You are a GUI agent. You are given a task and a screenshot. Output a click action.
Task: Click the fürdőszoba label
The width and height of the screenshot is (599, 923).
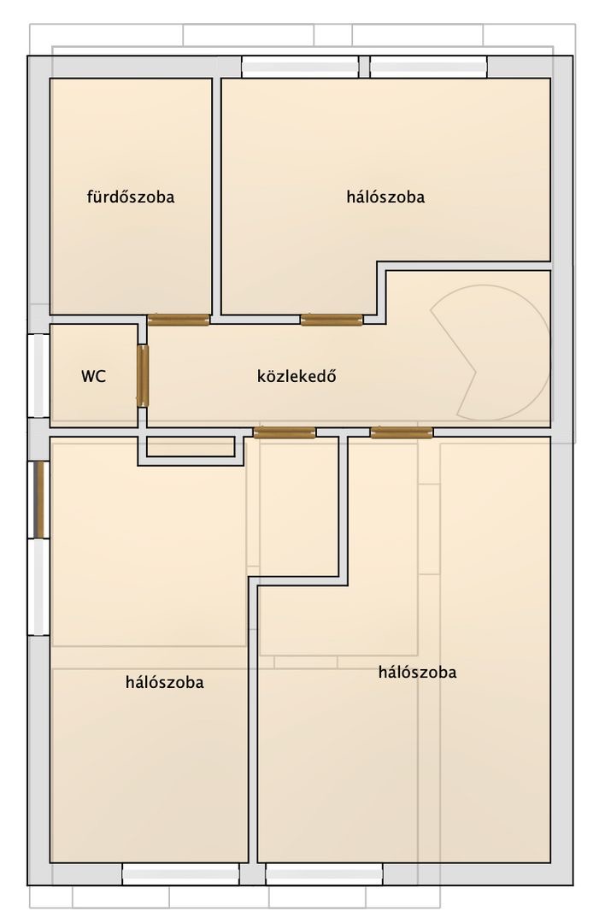(x=131, y=196)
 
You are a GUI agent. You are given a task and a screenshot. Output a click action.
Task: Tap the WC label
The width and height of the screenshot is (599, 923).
(x=93, y=376)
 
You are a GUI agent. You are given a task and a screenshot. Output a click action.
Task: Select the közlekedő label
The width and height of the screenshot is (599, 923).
(x=297, y=376)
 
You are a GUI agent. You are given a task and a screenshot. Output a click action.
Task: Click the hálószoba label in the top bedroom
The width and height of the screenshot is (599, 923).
(x=385, y=197)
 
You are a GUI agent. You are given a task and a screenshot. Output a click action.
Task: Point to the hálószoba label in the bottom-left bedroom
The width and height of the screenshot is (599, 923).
(x=165, y=682)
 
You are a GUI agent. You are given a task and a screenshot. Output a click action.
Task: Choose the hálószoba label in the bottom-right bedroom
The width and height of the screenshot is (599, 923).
(x=417, y=673)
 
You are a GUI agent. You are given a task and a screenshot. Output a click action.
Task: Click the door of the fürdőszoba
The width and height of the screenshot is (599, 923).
(x=179, y=320)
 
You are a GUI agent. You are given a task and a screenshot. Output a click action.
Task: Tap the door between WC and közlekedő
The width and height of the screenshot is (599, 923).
(x=143, y=375)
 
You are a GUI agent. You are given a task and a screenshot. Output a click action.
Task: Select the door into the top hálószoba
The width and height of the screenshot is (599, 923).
(x=332, y=320)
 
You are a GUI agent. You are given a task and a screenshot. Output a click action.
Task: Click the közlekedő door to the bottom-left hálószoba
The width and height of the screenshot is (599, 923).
(x=285, y=432)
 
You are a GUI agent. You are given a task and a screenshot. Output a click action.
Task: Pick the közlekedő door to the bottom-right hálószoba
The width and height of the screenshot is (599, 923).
(x=402, y=432)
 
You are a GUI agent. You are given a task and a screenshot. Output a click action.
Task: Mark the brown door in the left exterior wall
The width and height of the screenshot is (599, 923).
(x=38, y=500)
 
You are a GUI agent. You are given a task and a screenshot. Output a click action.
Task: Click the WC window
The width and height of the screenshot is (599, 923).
(x=38, y=375)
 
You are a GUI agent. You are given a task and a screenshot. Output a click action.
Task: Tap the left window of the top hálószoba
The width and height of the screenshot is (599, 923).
(x=300, y=67)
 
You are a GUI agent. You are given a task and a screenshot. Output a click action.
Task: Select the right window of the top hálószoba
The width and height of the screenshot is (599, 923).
(x=428, y=67)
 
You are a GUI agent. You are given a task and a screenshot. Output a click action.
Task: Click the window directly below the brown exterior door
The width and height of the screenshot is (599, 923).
(x=38, y=587)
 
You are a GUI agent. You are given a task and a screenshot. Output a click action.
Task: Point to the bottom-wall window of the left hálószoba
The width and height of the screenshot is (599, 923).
(x=180, y=874)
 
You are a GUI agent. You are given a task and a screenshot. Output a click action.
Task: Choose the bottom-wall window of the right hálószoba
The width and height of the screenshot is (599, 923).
(x=324, y=874)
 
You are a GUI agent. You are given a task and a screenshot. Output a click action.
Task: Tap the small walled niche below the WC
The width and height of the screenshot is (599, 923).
(x=191, y=450)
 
